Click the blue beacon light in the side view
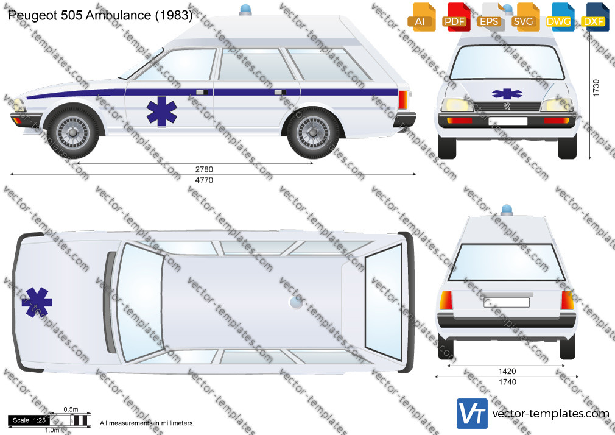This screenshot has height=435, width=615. tap(245, 10)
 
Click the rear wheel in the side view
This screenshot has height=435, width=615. tap(314, 132)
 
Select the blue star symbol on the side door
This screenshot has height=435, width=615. tap(161, 111)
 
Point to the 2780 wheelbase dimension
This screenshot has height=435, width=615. tap(204, 169)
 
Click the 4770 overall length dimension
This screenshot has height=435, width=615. tap(204, 180)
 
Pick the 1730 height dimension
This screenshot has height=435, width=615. tap(596, 88)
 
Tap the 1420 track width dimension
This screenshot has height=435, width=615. tap(507, 371)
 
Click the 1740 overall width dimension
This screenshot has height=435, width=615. tap(507, 381)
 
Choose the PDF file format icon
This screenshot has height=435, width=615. tap(455, 17)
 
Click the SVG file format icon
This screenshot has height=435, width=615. tap(524, 17)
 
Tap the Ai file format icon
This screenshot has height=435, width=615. tap(421, 17)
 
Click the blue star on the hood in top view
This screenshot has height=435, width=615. tap(37, 302)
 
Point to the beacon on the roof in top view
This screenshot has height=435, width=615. tap(296, 302)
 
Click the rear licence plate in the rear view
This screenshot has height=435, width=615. tap(507, 302)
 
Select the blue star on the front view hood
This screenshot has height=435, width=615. tap(507, 94)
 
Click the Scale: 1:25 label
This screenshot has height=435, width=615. tap(29, 420)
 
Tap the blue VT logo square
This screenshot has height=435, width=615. tap(473, 414)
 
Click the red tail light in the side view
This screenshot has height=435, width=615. tap(403, 100)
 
